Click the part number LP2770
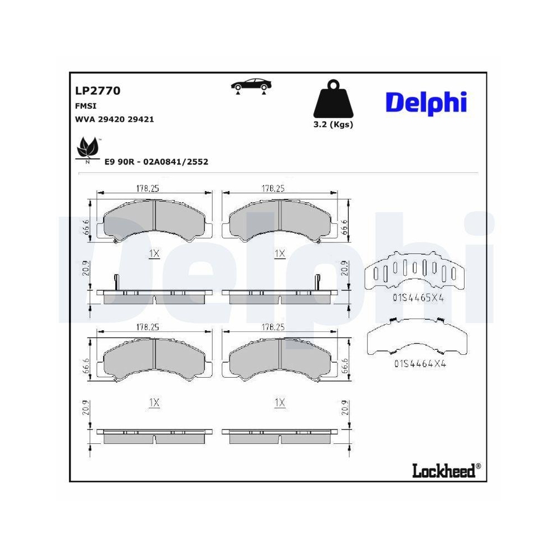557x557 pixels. coord(97,91)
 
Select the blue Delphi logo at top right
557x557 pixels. coord(426,102)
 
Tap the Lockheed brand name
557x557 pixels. coord(444,471)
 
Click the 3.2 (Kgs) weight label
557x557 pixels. coord(333,125)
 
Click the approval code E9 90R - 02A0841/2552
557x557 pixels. coord(157,162)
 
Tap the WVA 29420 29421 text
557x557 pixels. coord(114,119)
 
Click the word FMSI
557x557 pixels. coord(85,105)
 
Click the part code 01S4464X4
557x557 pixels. coord(420,364)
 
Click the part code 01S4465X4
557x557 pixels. coord(418,298)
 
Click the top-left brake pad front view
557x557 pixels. coord(154,222)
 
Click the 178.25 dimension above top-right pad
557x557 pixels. coord(273,189)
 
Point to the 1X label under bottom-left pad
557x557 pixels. coord(154,402)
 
